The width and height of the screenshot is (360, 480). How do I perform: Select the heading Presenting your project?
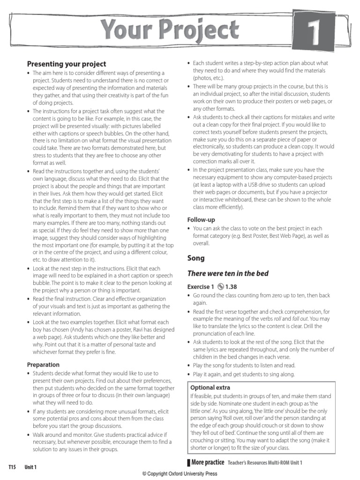(x=67, y=64)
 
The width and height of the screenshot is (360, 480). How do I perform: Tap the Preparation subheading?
(x=43, y=365)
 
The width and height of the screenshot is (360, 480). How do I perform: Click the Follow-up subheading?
(x=201, y=219)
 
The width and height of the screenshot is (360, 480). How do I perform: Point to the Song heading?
(x=196, y=258)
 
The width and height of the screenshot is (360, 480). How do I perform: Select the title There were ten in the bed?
(x=228, y=273)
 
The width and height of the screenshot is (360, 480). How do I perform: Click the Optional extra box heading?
(x=210, y=388)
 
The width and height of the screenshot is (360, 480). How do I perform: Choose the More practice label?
(x=208, y=463)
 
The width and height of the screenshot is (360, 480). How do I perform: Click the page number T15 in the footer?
(x=12, y=467)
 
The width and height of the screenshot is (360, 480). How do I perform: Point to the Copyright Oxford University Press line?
(x=180, y=474)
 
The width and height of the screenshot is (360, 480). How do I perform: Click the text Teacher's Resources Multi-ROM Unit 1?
(x=265, y=463)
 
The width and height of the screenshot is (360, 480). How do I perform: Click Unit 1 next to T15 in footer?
(x=31, y=467)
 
